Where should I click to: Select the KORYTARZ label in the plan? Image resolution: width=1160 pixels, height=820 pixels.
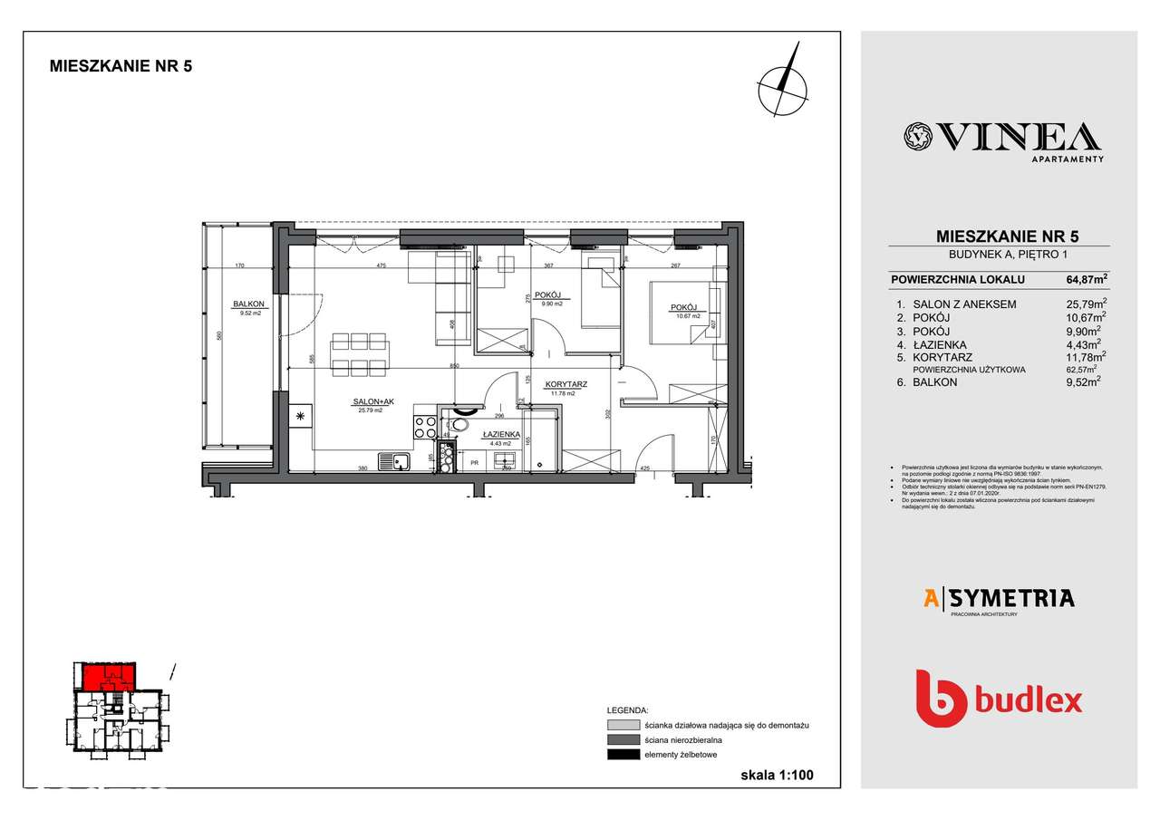click(x=566, y=384)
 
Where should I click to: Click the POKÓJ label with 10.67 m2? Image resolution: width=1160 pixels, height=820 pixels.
click(x=683, y=308)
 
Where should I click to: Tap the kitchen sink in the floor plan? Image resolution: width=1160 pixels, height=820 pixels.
click(x=394, y=461)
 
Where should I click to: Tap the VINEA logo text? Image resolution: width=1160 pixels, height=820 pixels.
click(x=1003, y=138)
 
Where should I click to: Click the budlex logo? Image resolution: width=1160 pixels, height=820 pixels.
click(x=999, y=699)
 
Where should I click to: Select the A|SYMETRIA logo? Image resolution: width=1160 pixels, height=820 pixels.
click(x=998, y=598)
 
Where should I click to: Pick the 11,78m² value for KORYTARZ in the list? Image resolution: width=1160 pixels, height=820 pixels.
click(x=1084, y=357)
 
